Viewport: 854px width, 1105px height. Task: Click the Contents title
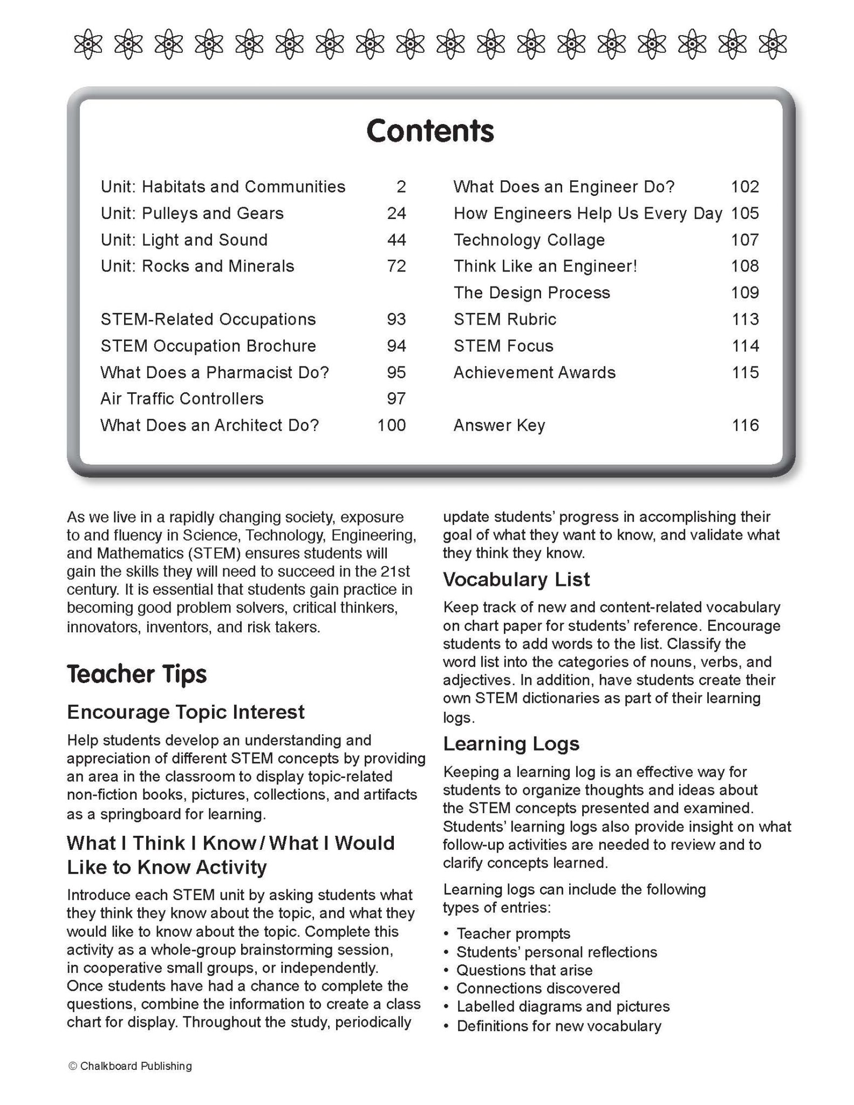pyautogui.click(x=430, y=131)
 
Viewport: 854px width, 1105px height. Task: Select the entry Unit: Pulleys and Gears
pyautogui.click(x=192, y=214)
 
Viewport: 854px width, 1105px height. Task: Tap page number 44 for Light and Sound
pyautogui.click(x=397, y=240)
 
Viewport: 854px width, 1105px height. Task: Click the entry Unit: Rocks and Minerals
pyautogui.click(x=197, y=267)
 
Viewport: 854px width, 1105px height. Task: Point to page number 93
pyautogui.click(x=397, y=319)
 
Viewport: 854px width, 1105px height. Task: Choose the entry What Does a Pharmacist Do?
pyautogui.click(x=215, y=373)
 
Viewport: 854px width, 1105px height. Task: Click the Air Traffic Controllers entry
pyautogui.click(x=182, y=399)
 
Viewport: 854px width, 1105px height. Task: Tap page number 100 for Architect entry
pyautogui.click(x=392, y=426)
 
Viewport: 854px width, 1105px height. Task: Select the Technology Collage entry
pyautogui.click(x=529, y=240)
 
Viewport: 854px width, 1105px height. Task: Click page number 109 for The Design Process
pyautogui.click(x=745, y=293)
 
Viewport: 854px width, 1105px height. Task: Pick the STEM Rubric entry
pyautogui.click(x=505, y=319)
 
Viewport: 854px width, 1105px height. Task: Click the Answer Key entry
pyautogui.click(x=499, y=426)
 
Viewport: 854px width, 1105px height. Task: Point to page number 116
pyautogui.click(x=745, y=426)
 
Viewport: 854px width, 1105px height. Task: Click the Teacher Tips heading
pyautogui.click(x=137, y=674)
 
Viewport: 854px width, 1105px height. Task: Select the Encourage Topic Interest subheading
pyautogui.click(x=186, y=712)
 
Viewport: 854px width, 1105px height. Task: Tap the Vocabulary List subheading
pyautogui.click(x=516, y=579)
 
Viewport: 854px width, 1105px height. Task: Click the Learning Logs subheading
pyautogui.click(x=511, y=744)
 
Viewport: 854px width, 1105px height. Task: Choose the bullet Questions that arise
pyautogui.click(x=524, y=970)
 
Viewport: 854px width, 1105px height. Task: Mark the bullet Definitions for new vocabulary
pyautogui.click(x=559, y=1026)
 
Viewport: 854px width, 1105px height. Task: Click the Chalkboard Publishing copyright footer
pyautogui.click(x=131, y=1066)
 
